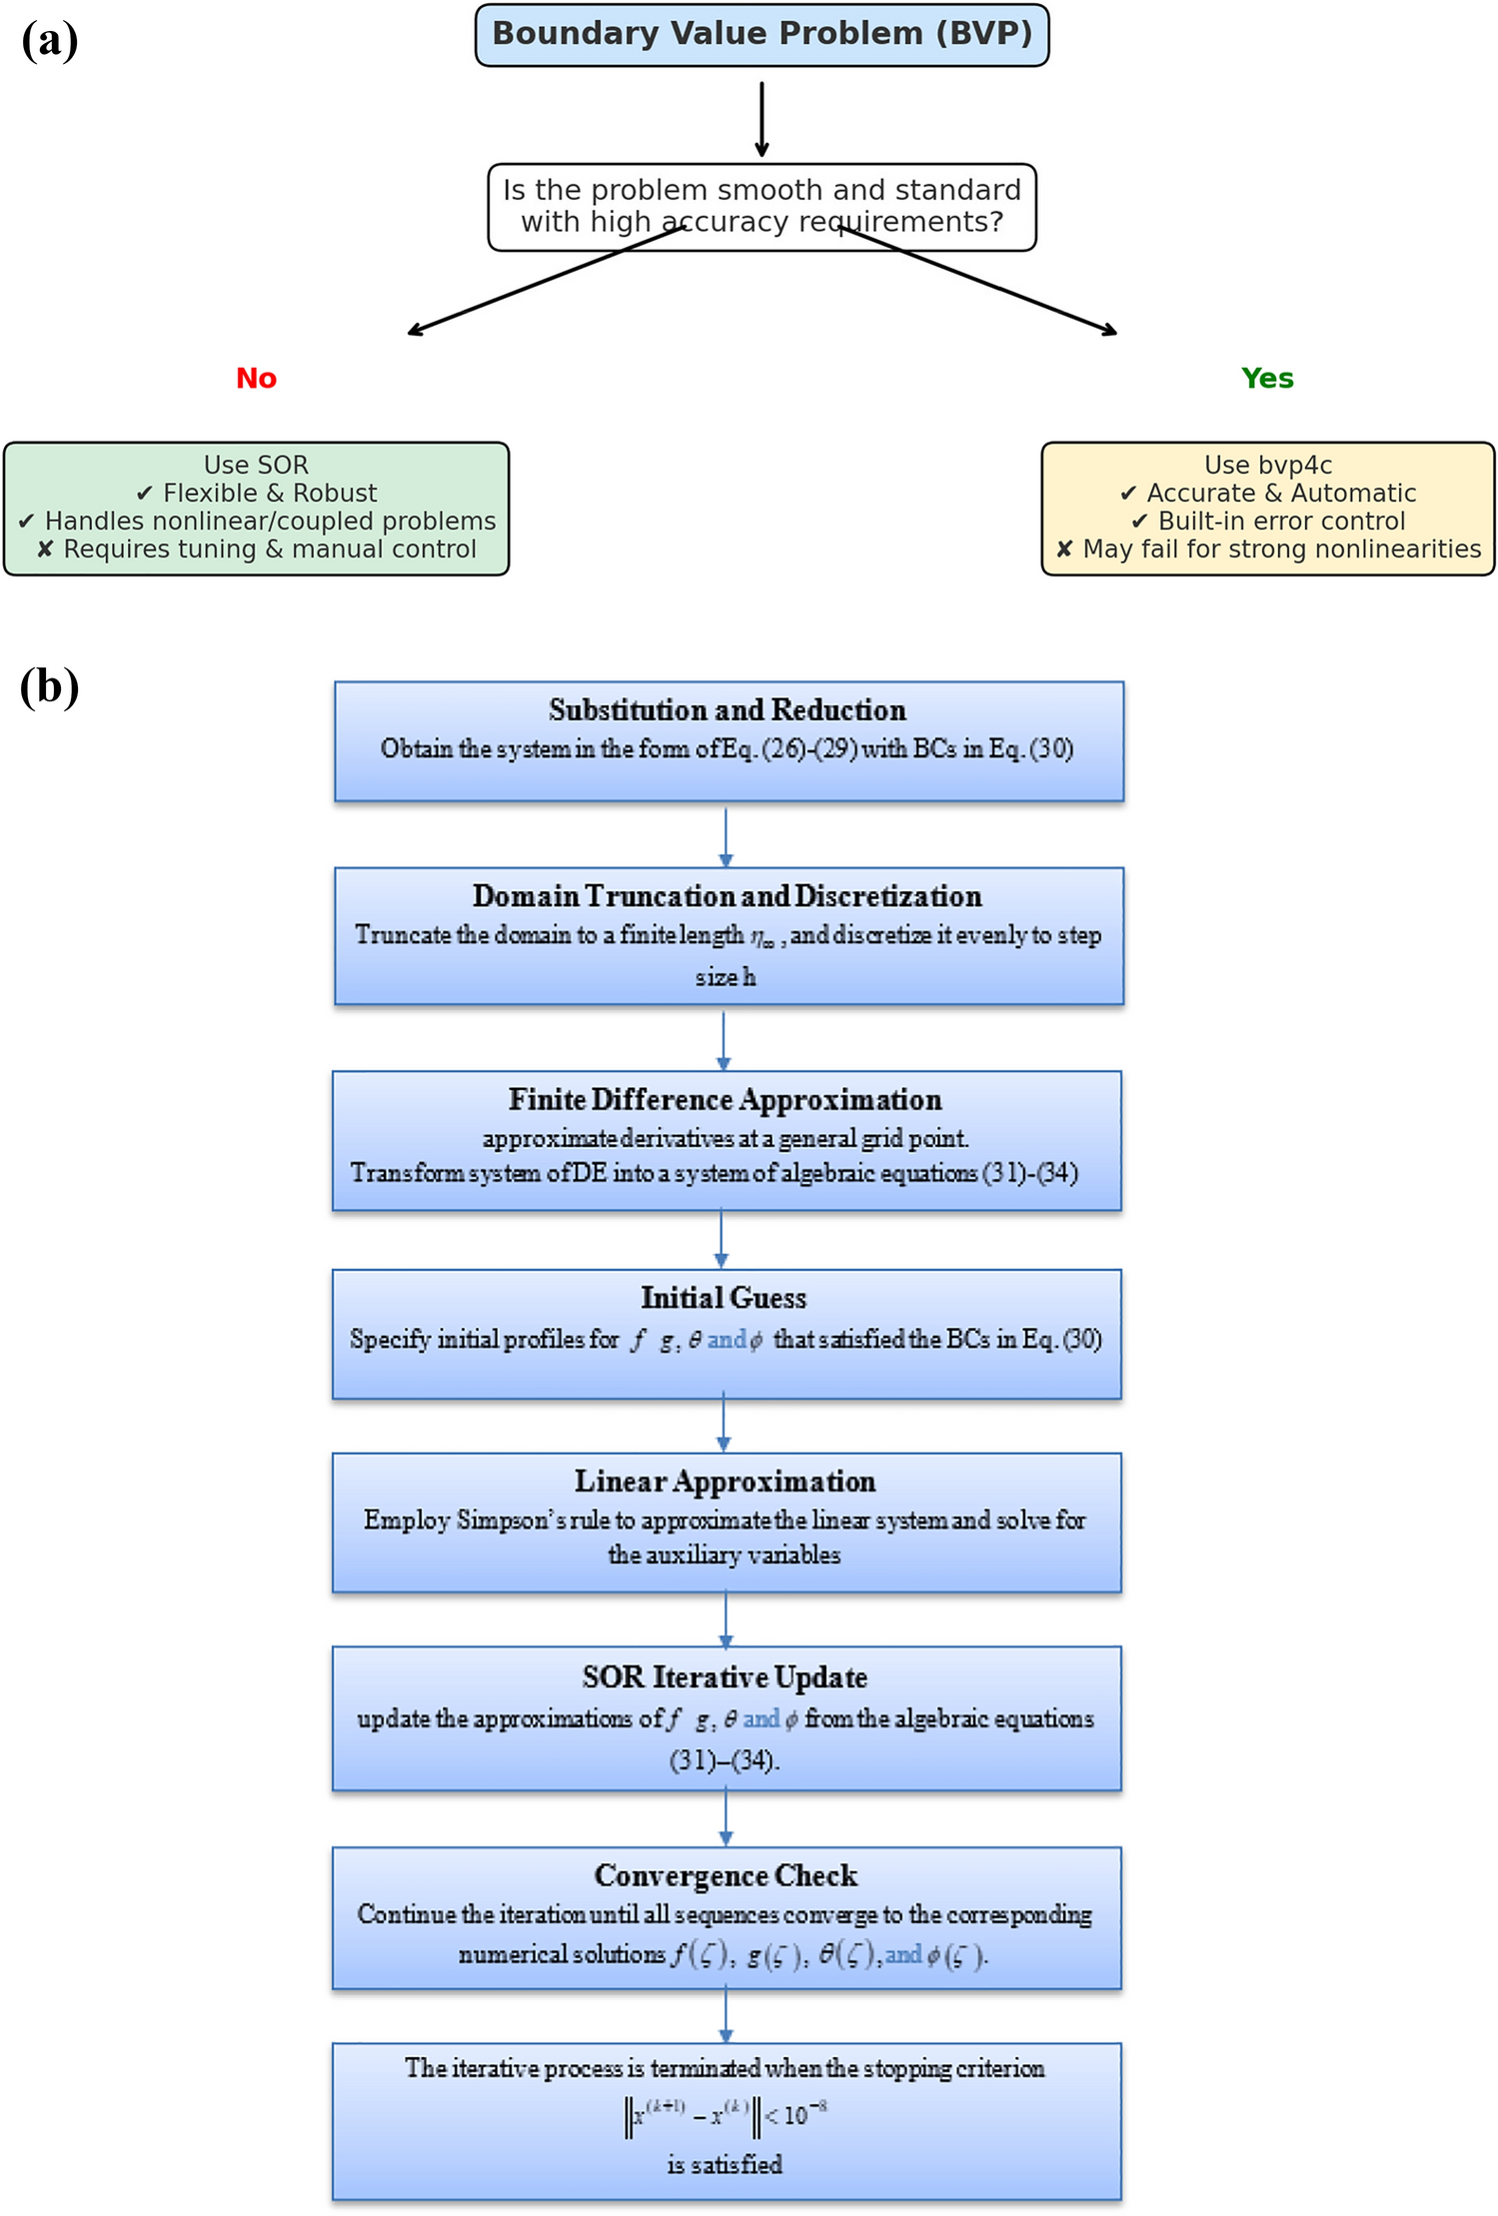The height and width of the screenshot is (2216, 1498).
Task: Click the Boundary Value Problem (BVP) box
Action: (761, 35)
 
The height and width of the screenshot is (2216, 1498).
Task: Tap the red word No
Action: (256, 379)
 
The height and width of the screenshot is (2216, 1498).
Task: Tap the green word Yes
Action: (1266, 379)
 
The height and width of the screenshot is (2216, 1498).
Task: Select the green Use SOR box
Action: (256, 508)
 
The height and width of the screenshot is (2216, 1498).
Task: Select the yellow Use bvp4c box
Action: (1267, 508)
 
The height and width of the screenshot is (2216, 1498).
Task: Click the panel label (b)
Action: (49, 687)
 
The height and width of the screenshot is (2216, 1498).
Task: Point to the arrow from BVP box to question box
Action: (761, 118)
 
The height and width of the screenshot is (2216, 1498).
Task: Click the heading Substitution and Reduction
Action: (727, 710)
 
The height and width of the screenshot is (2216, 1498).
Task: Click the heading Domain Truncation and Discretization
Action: (727, 896)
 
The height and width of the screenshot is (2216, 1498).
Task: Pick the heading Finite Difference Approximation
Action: (725, 1100)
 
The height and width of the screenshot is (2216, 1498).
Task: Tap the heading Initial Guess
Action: (724, 1298)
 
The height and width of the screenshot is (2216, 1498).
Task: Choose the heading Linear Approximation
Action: (725, 1482)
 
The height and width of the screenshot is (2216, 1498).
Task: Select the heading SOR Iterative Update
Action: (725, 1677)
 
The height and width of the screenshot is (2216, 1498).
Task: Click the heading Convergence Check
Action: (726, 1876)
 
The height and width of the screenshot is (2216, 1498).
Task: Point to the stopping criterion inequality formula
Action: (726, 2115)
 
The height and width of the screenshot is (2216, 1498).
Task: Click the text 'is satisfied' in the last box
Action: (725, 2165)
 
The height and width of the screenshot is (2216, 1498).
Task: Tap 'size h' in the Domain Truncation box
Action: (726, 977)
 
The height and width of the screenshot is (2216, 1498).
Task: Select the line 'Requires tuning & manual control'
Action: (258, 550)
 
